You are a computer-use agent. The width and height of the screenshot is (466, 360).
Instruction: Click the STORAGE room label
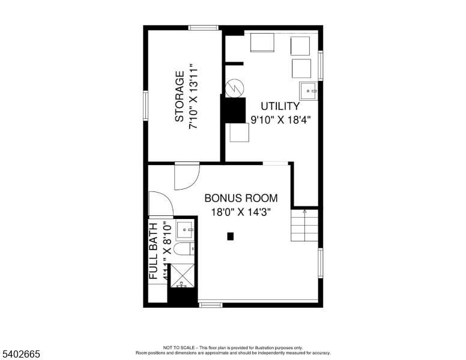pos(179,97)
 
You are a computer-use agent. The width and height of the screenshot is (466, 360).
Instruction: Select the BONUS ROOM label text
pos(241,198)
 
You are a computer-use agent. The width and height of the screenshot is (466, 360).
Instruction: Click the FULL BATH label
pos(154,250)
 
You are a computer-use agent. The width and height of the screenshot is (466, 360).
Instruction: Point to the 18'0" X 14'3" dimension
pos(241,212)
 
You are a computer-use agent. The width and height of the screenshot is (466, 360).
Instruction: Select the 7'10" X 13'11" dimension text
pos(194,97)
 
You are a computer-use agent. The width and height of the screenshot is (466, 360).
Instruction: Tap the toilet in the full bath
pos(183,249)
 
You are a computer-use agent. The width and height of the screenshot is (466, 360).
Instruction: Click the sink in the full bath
pos(185,229)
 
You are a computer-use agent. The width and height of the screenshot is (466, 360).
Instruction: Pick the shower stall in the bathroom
pos(183,276)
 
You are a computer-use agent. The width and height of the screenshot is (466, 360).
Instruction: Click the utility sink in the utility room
pos(309,91)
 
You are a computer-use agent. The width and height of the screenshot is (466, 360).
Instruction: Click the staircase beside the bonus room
pos(304,225)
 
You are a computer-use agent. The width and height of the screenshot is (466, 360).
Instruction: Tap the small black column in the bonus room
pos(230,236)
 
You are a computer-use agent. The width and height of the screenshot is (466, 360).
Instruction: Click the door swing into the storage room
pos(186,175)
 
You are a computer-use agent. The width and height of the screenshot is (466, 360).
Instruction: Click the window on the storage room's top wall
pos(203,27)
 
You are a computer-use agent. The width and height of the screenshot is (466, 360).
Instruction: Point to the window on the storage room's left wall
pos(145,105)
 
